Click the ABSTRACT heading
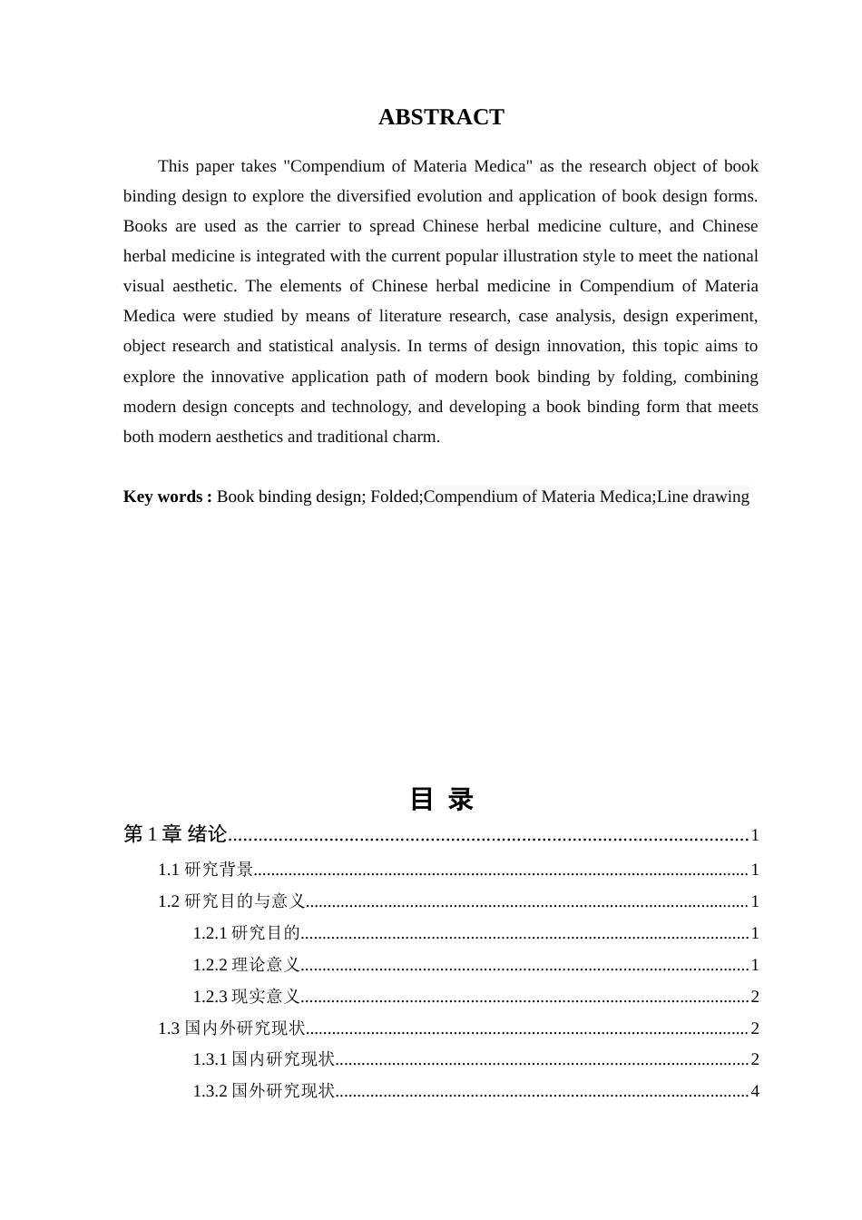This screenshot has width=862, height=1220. point(441,117)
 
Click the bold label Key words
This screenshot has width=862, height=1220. point(167,497)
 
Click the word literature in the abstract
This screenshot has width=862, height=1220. point(406,316)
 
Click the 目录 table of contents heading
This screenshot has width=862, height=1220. point(441,800)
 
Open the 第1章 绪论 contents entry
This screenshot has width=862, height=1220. point(175,834)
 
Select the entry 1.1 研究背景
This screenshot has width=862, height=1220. point(206,870)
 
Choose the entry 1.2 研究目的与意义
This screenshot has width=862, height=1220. point(231,901)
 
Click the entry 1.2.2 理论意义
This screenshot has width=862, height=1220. point(246,965)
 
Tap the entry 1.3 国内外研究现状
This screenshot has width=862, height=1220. point(231,1028)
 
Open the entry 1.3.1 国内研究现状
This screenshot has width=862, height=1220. point(263,1059)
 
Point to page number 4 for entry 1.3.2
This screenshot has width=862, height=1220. point(755,1091)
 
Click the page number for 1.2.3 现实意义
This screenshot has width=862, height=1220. point(755,997)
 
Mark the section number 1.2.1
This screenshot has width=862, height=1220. point(210,933)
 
